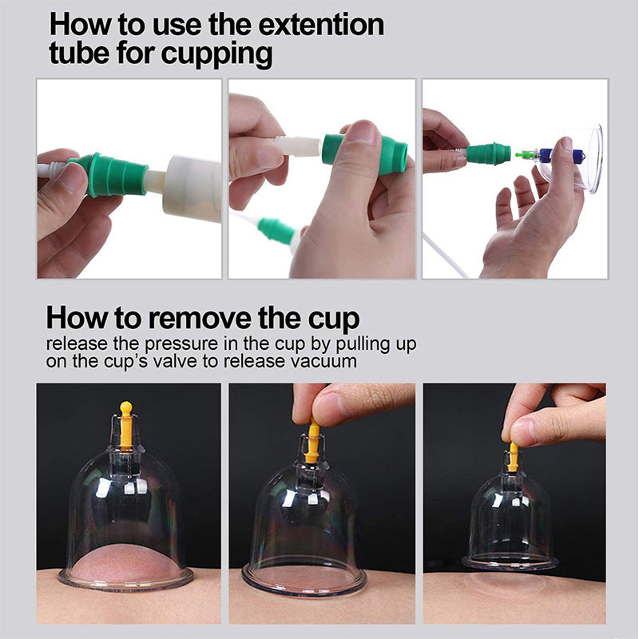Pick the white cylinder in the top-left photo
click(x=192, y=188)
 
